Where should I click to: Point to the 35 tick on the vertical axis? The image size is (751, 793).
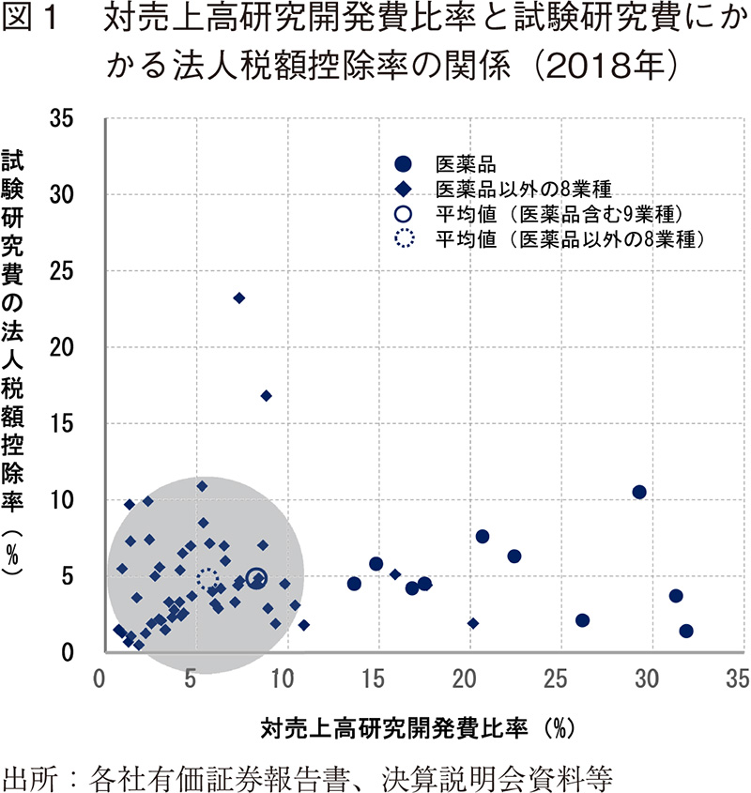(x=76, y=118)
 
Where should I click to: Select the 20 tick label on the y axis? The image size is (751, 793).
(x=76, y=347)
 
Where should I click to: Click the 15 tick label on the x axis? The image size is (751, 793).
(x=374, y=678)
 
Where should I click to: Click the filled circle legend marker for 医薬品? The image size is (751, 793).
(x=403, y=162)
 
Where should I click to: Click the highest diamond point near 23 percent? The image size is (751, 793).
(x=239, y=297)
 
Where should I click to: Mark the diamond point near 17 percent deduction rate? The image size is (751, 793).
(x=267, y=396)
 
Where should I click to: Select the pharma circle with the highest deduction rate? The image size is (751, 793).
(x=639, y=492)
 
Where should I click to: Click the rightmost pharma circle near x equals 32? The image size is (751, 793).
(x=686, y=632)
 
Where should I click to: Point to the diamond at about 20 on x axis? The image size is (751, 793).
(x=472, y=623)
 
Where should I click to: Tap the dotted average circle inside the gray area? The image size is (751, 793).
(x=207, y=579)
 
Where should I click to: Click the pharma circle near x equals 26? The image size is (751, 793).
(x=582, y=620)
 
